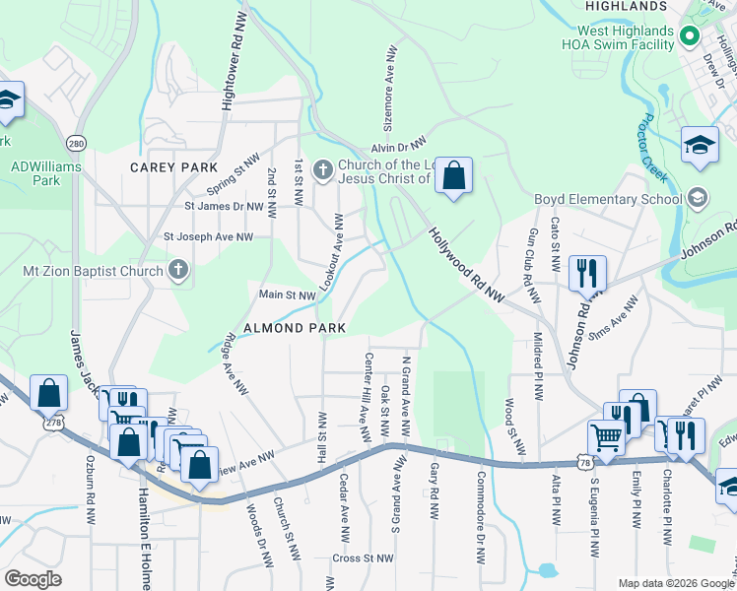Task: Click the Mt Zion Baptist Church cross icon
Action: point(178,269)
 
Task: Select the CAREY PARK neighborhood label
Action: point(172,167)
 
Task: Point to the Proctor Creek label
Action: point(651,147)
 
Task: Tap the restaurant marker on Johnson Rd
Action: point(587,272)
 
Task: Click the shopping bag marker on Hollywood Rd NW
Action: point(453,176)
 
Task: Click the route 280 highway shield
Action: point(77,144)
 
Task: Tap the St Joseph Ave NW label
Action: point(208,236)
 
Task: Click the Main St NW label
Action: point(287,295)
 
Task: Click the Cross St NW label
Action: point(363,558)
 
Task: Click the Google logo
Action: point(33,579)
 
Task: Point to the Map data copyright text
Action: point(675,583)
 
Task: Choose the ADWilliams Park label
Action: point(46,173)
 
